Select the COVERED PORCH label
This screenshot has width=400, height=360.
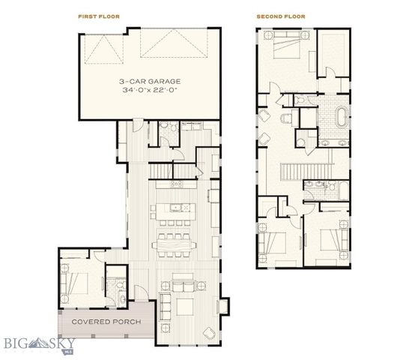(104, 322)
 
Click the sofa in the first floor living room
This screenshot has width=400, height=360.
(184, 285)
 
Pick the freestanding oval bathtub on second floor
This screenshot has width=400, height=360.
(341, 118)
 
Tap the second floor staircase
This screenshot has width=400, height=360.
(308, 171)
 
